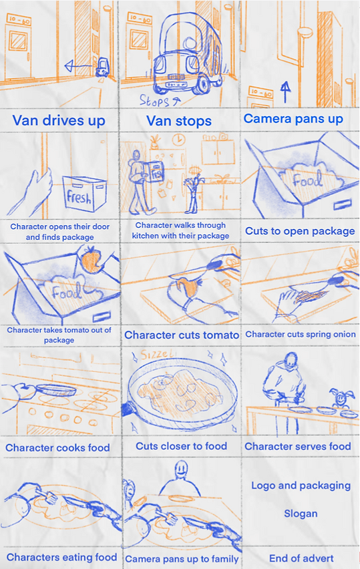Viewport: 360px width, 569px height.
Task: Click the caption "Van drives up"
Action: [59, 120]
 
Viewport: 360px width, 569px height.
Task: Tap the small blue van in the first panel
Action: [102, 67]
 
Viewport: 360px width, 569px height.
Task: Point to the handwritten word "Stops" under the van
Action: [154, 100]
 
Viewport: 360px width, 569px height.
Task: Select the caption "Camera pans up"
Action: [293, 119]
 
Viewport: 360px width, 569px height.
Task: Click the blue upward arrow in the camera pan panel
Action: [286, 91]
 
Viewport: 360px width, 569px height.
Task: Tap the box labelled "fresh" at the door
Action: [85, 193]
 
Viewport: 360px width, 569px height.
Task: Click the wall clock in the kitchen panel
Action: [178, 140]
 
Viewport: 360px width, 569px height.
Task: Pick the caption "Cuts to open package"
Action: [300, 231]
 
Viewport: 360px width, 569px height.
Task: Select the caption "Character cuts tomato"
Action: [182, 335]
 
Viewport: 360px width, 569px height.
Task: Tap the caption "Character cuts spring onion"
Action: [301, 334]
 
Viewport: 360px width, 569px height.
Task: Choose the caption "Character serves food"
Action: [298, 446]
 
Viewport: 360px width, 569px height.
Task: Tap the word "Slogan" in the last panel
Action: [301, 514]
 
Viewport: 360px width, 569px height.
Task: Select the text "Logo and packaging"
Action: [301, 486]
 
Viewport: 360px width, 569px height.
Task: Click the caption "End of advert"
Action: [301, 558]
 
